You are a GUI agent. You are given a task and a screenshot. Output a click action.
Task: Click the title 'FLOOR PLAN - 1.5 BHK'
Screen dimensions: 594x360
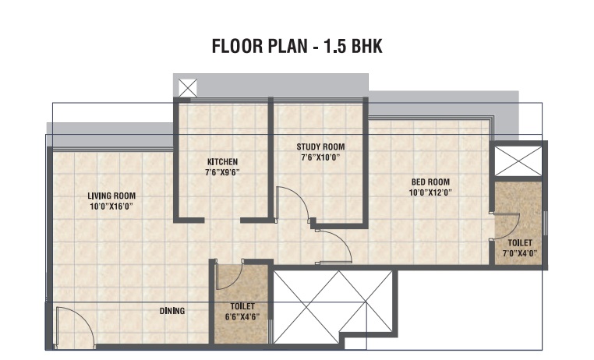click(297, 46)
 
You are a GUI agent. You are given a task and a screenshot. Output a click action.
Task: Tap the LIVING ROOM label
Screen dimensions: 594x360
click(111, 196)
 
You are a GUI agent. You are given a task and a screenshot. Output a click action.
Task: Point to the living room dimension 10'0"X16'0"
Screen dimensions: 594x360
click(111, 206)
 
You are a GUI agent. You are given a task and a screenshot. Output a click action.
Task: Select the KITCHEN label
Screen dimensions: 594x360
click(223, 162)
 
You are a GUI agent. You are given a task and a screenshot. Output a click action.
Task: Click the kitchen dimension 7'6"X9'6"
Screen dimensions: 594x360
click(222, 173)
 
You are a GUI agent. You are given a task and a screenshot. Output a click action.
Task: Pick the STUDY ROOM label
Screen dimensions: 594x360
click(320, 146)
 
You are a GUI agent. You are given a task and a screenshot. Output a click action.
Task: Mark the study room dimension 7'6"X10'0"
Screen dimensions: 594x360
click(320, 157)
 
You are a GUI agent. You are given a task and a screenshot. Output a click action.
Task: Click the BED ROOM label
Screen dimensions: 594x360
click(430, 182)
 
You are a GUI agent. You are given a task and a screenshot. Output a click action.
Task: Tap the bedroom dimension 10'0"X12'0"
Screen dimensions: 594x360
click(430, 192)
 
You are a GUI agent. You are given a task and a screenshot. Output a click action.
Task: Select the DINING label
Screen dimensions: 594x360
click(172, 311)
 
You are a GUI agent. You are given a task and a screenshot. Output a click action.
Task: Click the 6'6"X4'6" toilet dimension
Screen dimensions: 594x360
click(242, 317)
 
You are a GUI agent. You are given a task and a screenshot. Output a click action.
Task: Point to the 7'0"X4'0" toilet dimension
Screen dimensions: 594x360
click(520, 253)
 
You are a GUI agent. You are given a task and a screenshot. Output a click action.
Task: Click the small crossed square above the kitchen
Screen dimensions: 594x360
click(188, 88)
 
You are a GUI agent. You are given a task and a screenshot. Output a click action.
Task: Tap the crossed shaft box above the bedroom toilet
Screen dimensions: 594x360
click(518, 161)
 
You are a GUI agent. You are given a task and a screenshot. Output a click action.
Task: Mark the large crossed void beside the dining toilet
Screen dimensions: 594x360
click(333, 307)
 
